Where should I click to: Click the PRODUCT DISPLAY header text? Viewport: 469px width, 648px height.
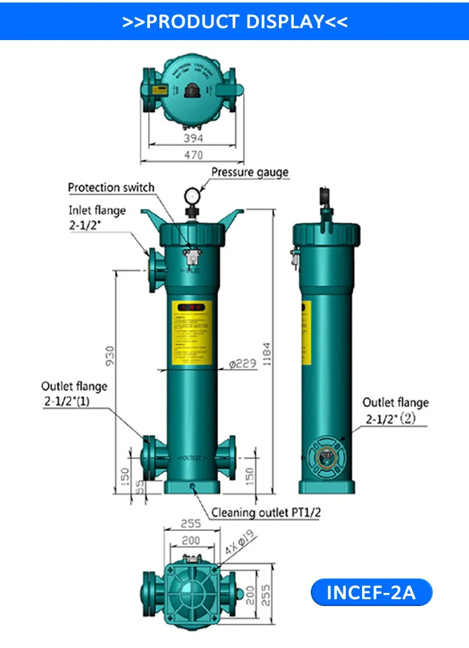234,21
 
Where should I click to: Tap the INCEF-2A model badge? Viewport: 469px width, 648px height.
371,592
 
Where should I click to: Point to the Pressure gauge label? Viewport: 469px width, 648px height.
250,172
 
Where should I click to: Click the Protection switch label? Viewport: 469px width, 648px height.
111,187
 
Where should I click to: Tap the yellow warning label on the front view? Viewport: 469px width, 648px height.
191,334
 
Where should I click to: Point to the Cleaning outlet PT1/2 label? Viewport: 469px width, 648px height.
266,513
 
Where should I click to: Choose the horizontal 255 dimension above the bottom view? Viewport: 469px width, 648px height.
191,524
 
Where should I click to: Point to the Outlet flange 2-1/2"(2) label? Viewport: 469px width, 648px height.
395,411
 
